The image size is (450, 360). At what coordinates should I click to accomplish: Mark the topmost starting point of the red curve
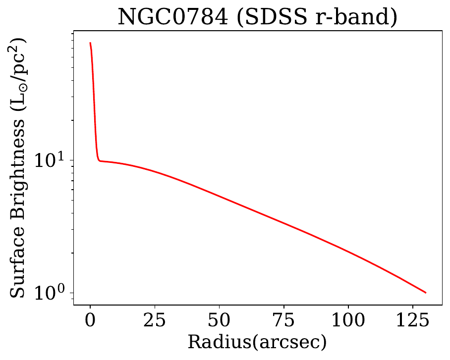[x=90, y=43]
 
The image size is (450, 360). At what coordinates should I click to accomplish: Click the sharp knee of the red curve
[x=99, y=160]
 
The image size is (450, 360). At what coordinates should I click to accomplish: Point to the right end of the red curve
[x=425, y=293]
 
